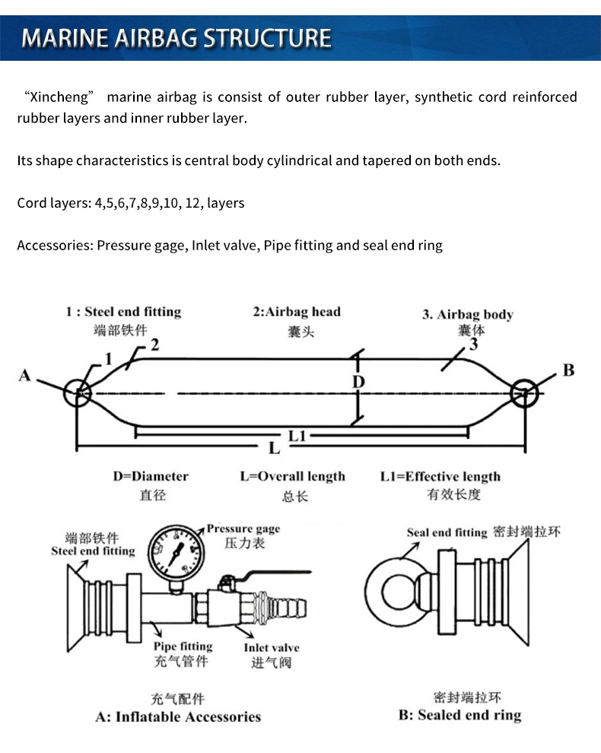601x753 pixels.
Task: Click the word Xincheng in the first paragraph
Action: pos(59,97)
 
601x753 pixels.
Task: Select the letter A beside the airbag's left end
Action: pos(24,375)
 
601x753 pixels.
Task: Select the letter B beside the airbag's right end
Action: pos(568,370)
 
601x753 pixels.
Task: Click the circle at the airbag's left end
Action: pos(78,393)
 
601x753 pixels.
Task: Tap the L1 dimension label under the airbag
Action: pos(297,435)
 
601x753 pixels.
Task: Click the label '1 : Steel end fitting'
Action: pos(123,312)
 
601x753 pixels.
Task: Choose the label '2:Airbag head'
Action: pos(297,312)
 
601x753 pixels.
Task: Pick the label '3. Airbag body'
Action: pos(467,315)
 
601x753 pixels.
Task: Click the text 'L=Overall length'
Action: pos(292,477)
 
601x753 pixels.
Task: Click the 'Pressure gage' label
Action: pos(243,529)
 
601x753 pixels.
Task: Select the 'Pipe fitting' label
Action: pos(183,647)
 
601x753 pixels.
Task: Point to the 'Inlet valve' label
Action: pos(272,648)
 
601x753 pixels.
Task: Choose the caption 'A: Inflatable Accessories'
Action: pos(178,716)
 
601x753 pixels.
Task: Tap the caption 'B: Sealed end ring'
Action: pos(460,715)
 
